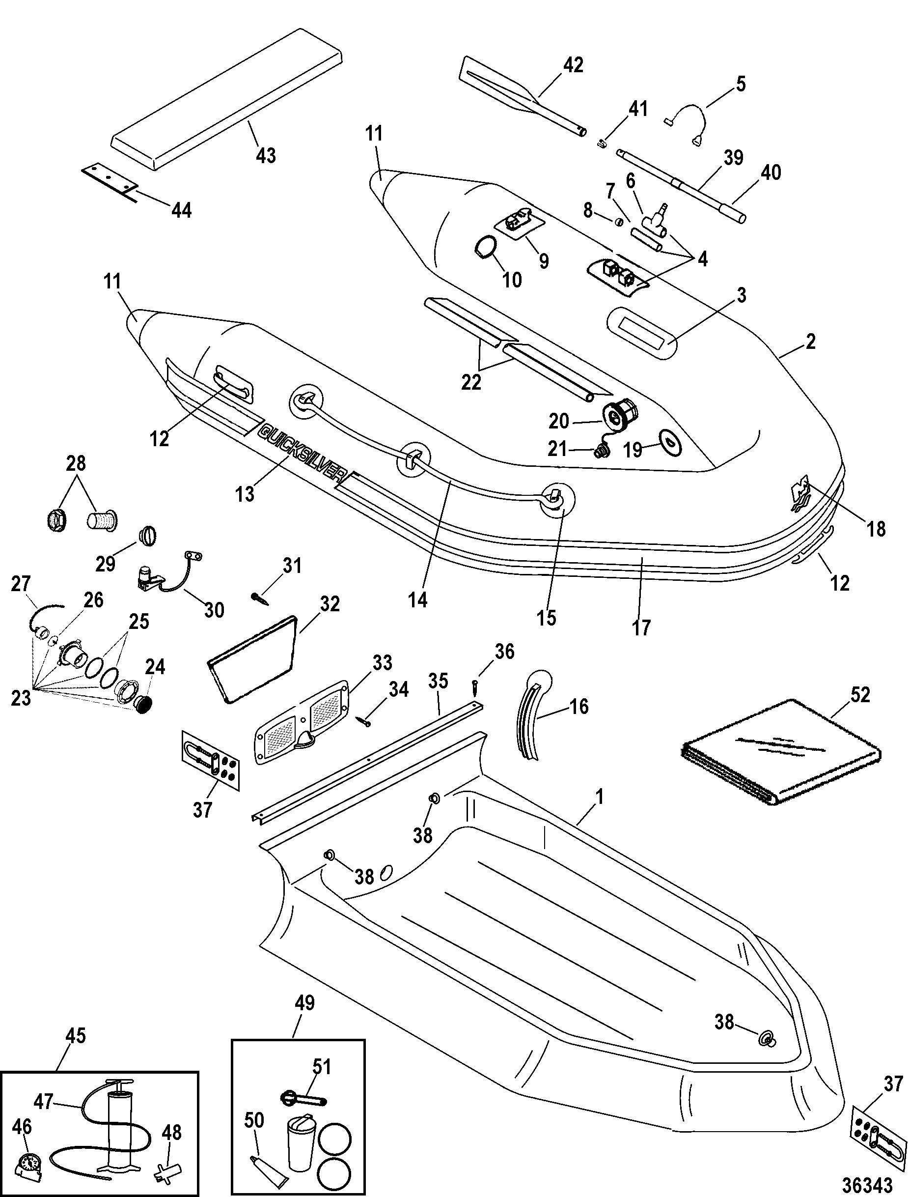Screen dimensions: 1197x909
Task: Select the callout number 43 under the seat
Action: tap(265, 155)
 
